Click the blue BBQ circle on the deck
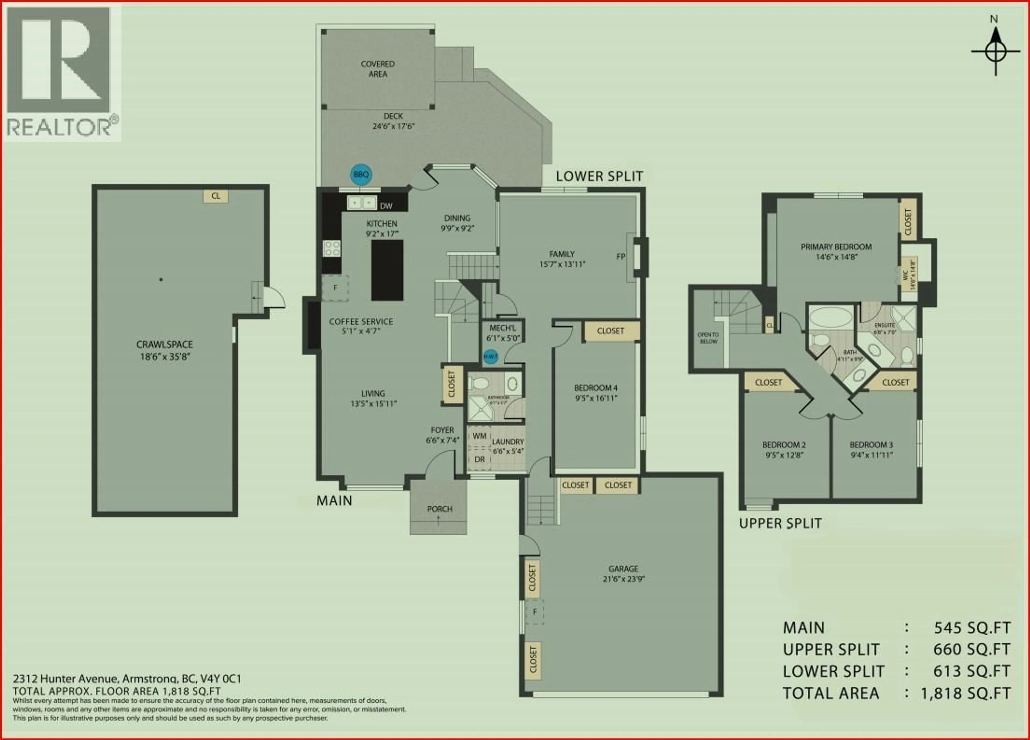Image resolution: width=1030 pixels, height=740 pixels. [x=361, y=174]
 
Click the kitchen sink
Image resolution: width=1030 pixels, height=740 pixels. [x=362, y=203]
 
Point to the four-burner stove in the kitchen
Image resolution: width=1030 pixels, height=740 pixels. [x=332, y=249]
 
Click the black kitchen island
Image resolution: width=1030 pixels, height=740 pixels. [x=387, y=270]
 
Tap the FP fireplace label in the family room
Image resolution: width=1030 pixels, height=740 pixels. [x=620, y=257]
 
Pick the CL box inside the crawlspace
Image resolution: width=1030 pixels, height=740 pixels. [x=215, y=196]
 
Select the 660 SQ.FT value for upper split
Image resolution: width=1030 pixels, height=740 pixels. [x=972, y=650]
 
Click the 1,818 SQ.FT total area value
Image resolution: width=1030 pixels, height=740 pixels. [x=966, y=693]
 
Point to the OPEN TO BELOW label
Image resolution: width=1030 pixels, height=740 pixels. [x=708, y=338]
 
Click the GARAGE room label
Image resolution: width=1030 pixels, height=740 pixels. [x=623, y=569]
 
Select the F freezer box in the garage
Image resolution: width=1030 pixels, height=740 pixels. [x=535, y=612]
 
